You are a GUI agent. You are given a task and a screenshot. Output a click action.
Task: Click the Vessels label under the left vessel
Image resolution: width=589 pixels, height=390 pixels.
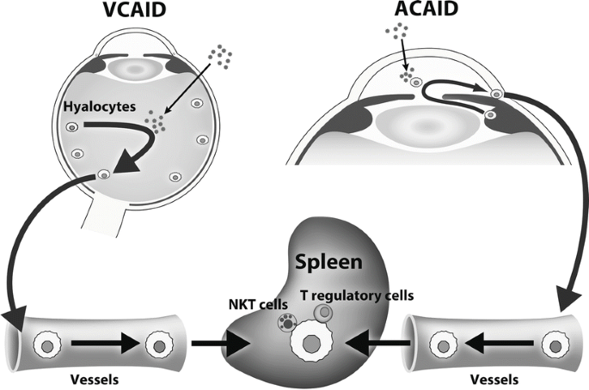coord(95,375)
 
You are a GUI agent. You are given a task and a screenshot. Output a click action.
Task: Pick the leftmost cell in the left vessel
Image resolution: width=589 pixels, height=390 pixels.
coord(44,348)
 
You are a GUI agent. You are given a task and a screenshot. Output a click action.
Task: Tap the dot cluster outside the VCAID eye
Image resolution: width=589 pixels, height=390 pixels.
coord(221,57)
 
